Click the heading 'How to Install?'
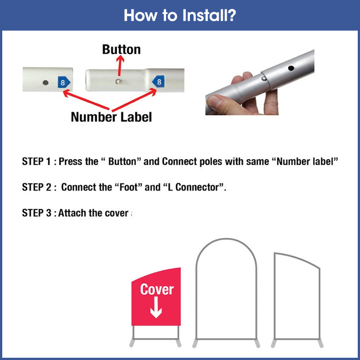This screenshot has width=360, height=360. coord(180,15)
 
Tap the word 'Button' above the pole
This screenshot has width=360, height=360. coord(121,49)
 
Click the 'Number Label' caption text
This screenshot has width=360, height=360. coord(111,117)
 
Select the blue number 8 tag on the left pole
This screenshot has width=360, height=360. coord(64,82)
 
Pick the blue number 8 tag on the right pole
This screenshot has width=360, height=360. coord(158,81)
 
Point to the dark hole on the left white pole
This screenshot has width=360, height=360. coord(45,82)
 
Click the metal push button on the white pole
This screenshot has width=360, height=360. coord(118,81)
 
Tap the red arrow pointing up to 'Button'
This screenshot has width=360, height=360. coord(120,66)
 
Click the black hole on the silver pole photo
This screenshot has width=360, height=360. coord(291,68)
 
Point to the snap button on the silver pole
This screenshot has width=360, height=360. coord(264,78)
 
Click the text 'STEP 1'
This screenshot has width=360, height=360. coord(36,162)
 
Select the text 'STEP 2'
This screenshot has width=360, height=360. coord(36,187)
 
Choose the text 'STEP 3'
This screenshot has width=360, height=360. coord(36,213)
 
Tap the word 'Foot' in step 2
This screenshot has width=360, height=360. coord(129,187)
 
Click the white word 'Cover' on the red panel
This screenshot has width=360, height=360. coord(157,289)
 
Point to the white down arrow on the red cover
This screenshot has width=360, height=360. coord(156,307)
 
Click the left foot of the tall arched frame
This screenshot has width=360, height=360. coord(195,343)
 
